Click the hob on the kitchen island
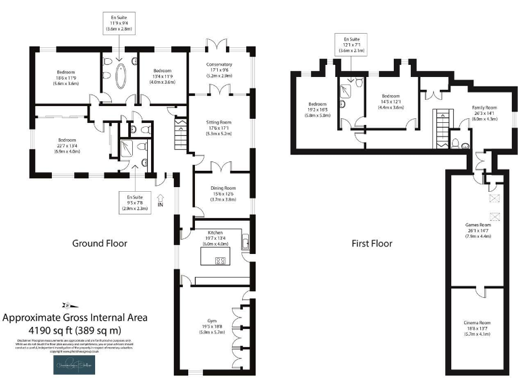[221, 260]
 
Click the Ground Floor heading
[99, 243]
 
